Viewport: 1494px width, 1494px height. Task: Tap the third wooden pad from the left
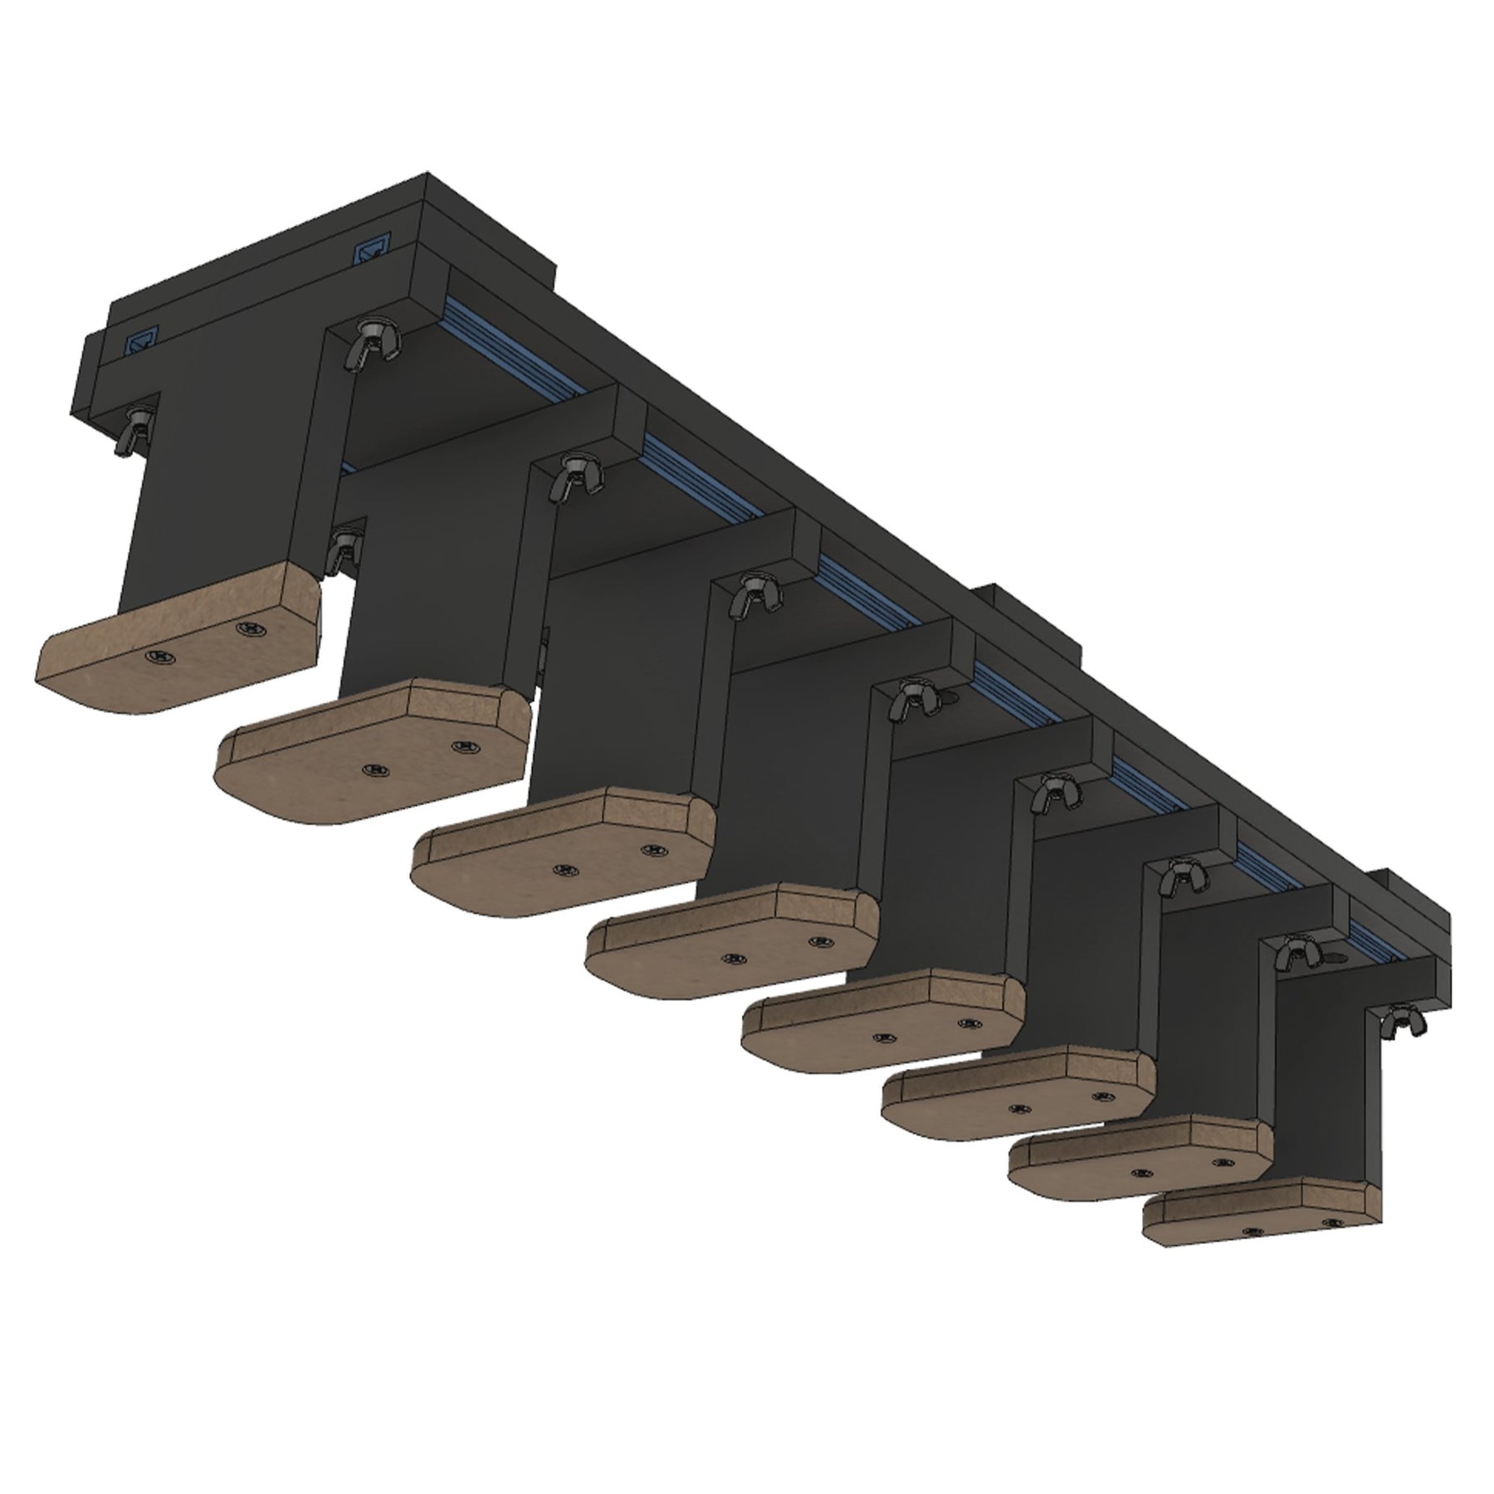(564, 851)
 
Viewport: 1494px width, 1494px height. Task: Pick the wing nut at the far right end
(1402, 1017)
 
